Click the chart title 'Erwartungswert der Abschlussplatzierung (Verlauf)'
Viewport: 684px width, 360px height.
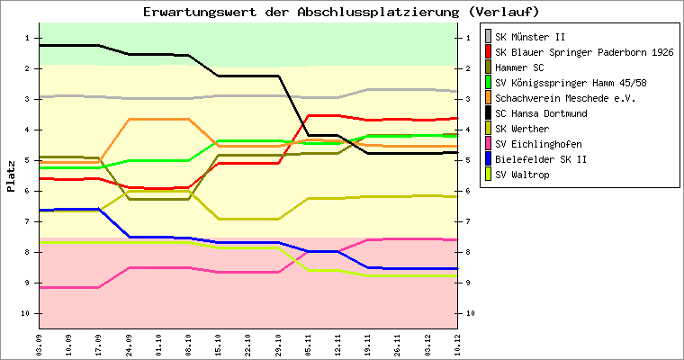point(341,12)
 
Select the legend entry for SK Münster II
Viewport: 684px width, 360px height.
point(530,36)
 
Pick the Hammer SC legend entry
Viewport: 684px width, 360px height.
point(519,67)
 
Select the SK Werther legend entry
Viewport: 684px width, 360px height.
point(521,128)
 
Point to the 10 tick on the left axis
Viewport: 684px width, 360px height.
point(27,313)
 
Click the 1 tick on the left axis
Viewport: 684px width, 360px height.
point(29,38)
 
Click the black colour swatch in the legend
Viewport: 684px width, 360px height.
point(488,112)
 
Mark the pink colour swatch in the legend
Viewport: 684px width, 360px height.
point(488,143)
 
